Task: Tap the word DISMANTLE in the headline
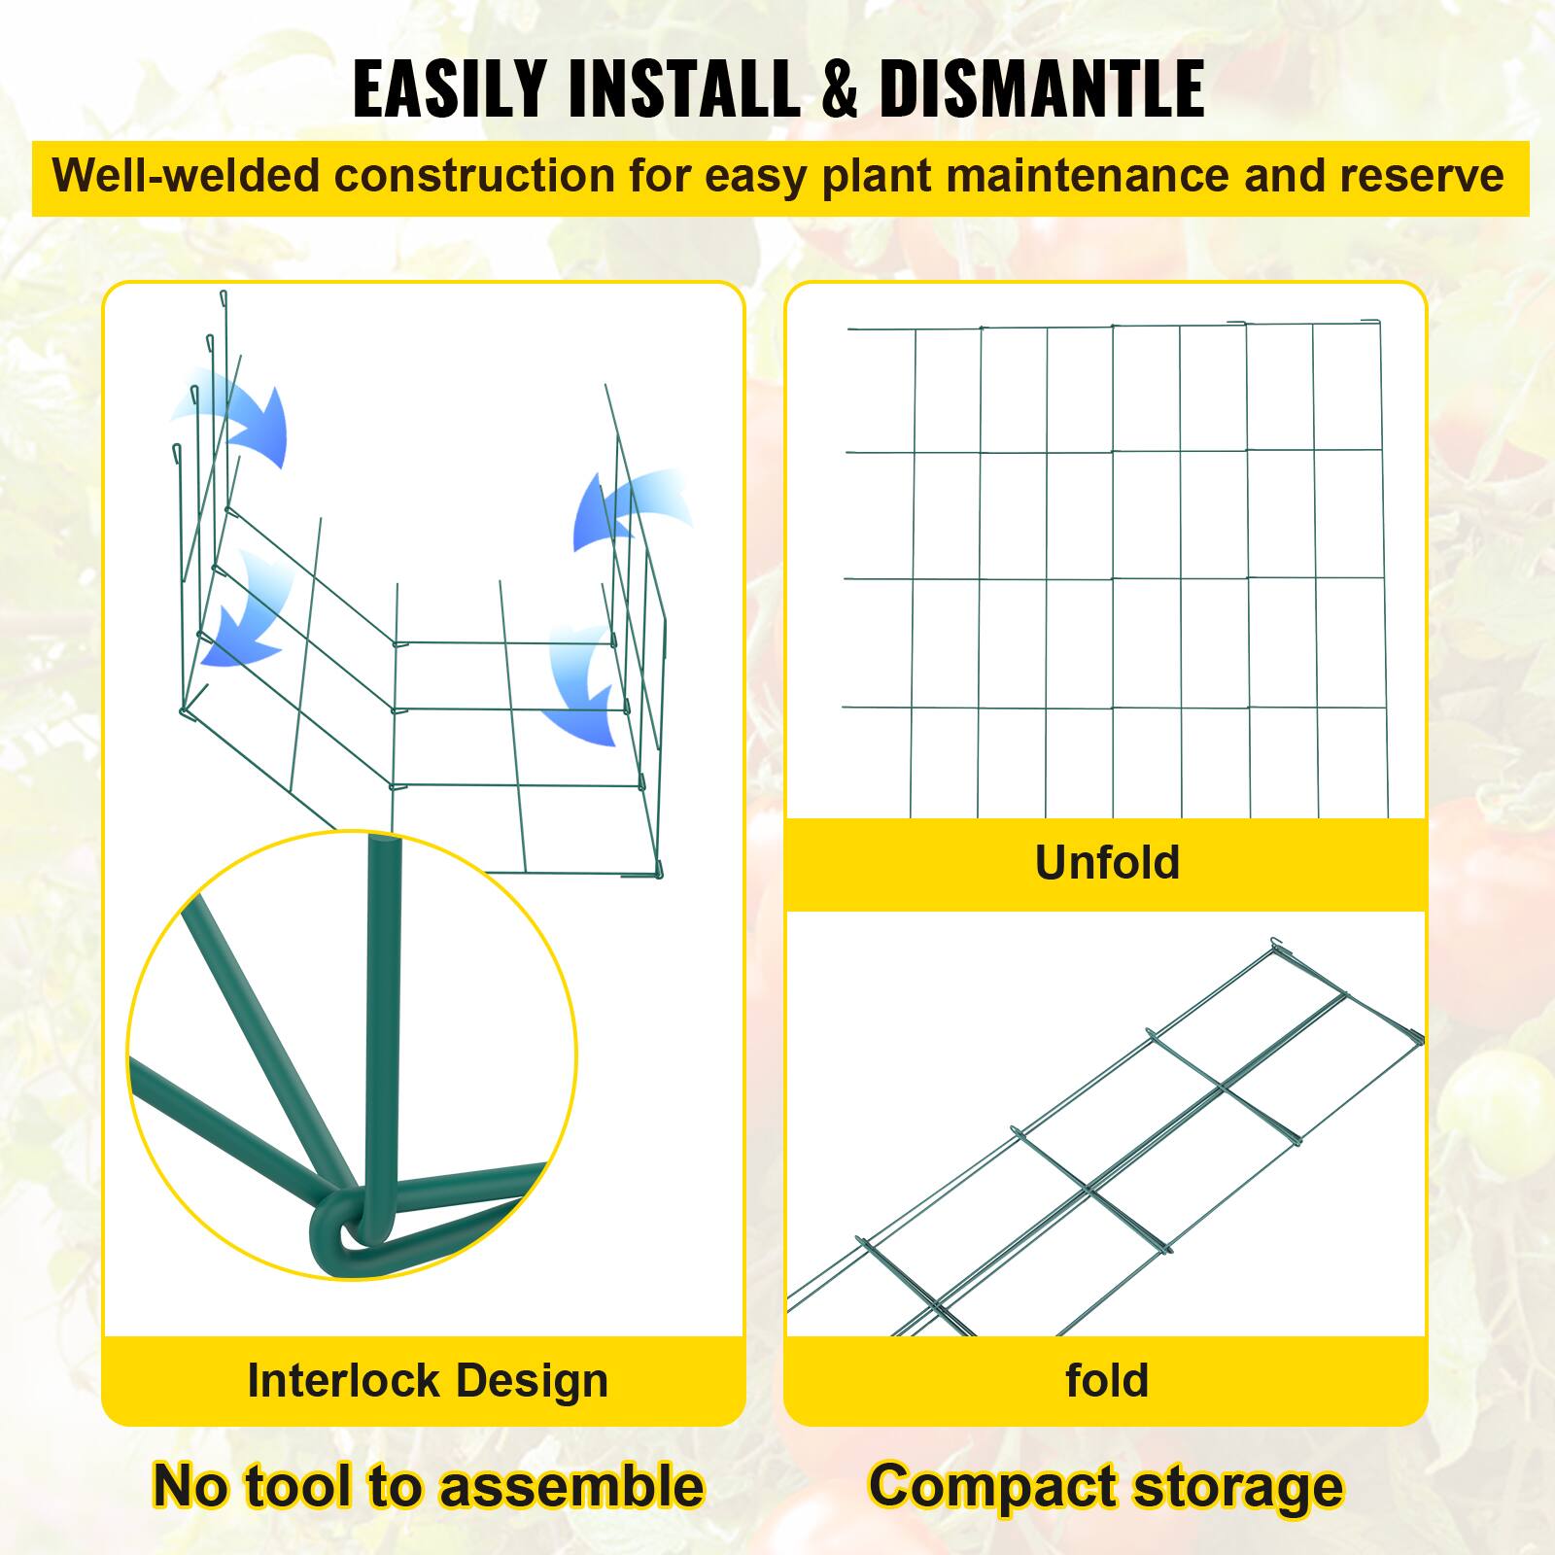(x=1042, y=89)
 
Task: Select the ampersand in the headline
(x=832, y=89)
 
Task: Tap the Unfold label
(x=1107, y=862)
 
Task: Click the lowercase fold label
(x=1107, y=1380)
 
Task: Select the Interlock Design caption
(x=428, y=1380)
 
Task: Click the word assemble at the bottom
(x=581, y=1487)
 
